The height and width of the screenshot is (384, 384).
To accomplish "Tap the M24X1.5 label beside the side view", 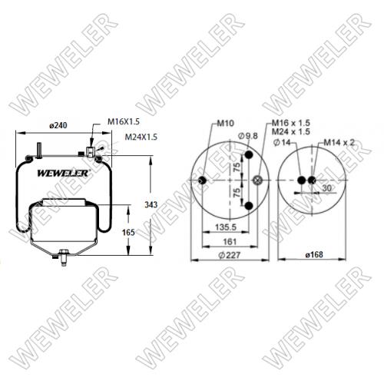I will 141,137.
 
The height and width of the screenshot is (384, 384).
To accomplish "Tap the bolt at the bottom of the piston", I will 61,256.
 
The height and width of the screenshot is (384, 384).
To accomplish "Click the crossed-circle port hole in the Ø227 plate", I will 258,181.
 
